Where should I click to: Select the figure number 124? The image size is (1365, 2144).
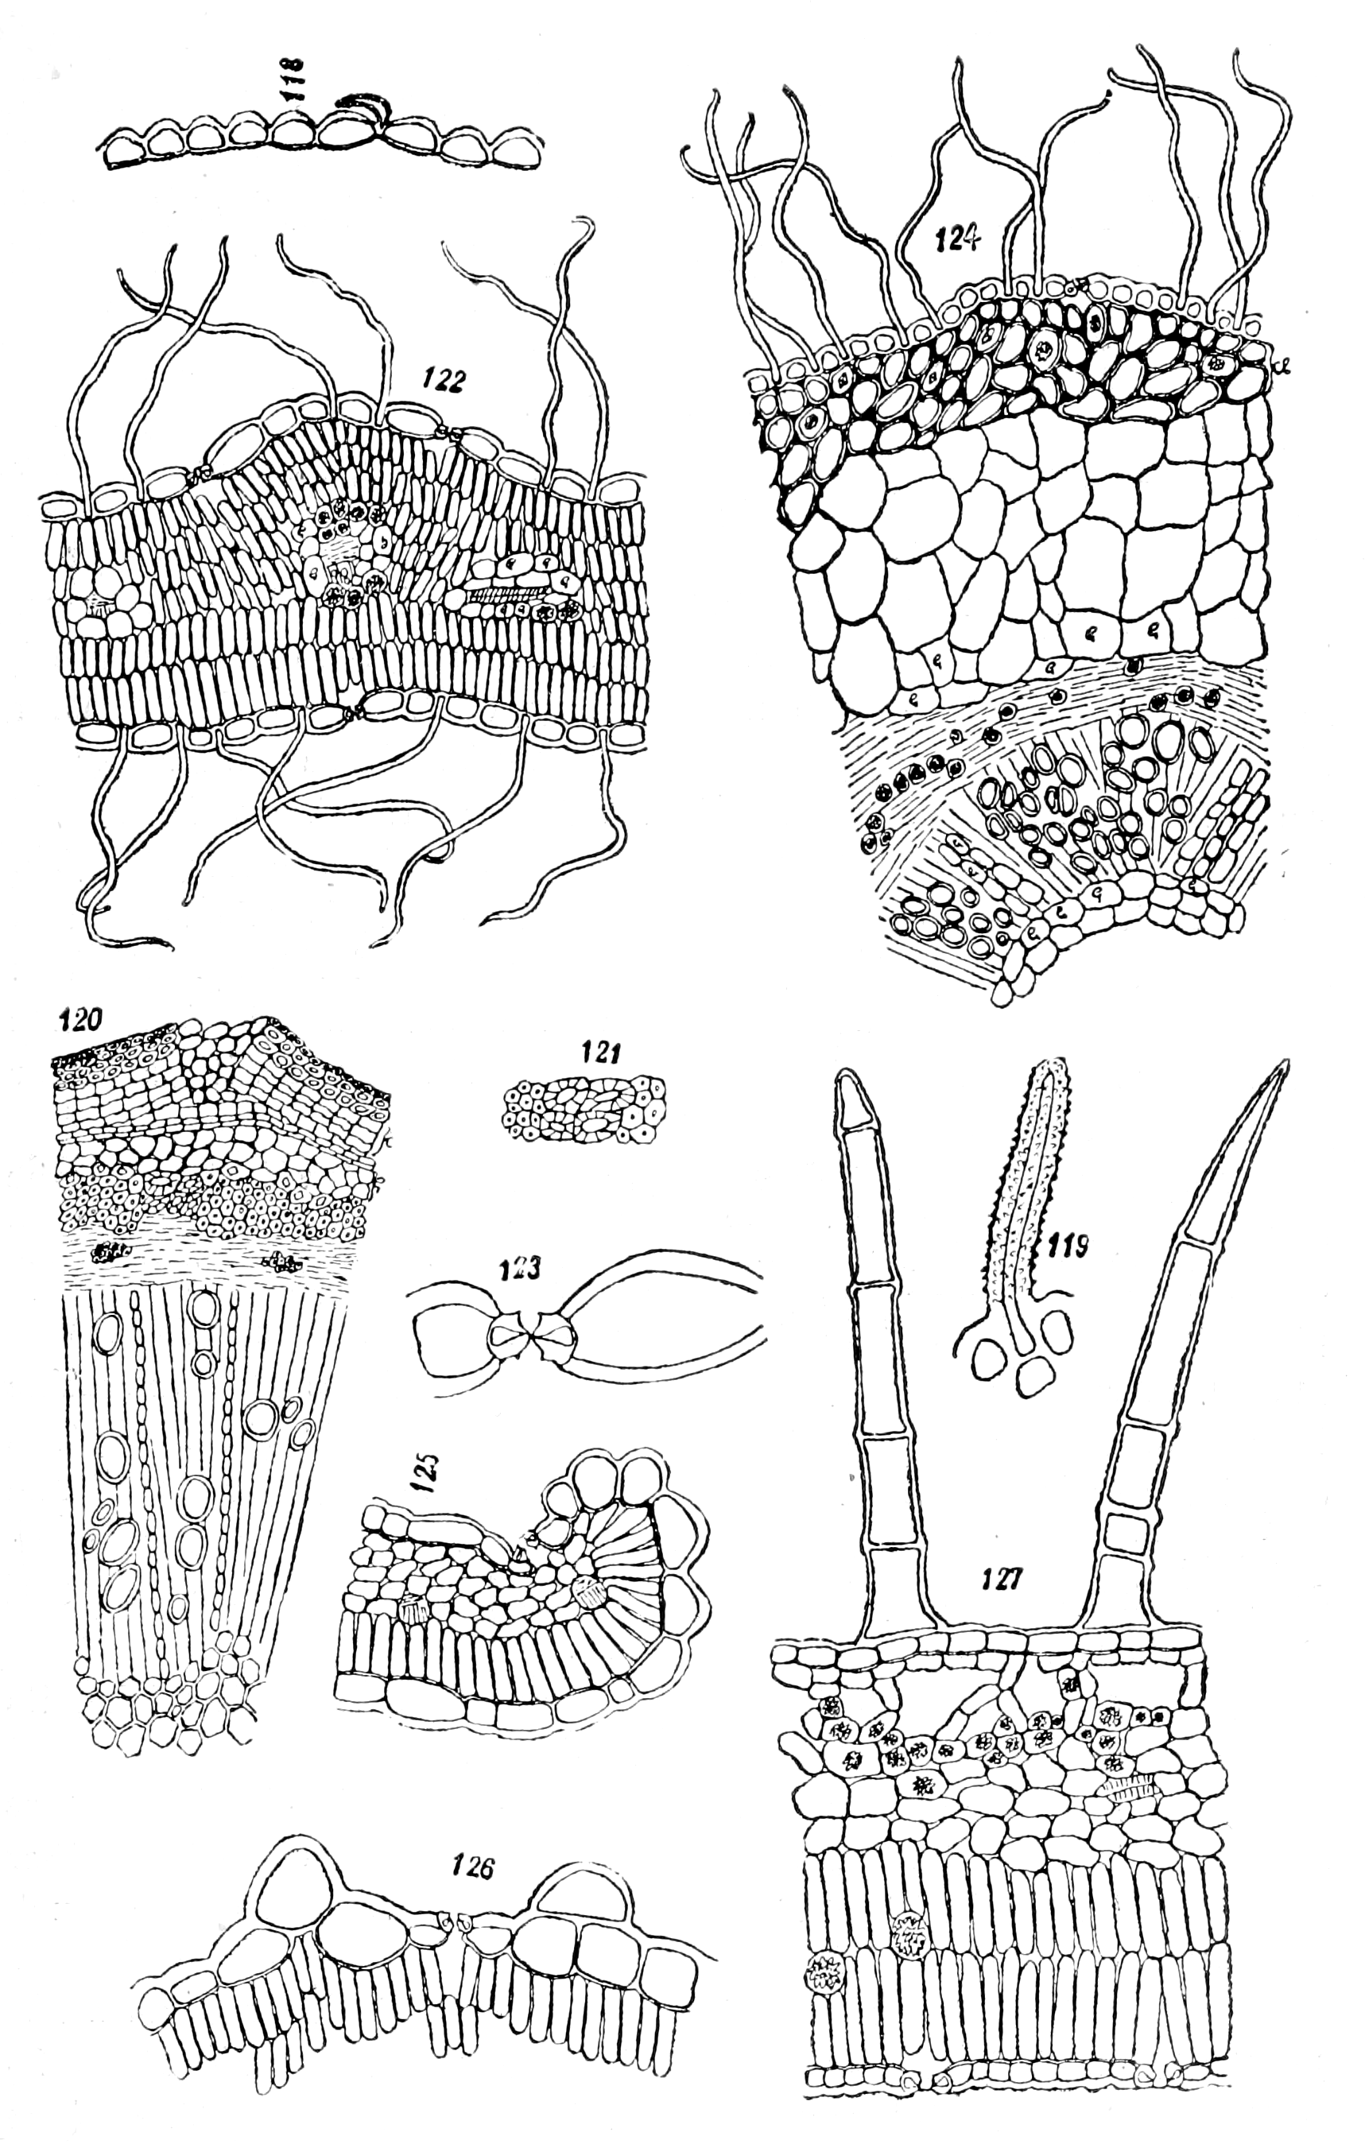[x=958, y=238]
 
